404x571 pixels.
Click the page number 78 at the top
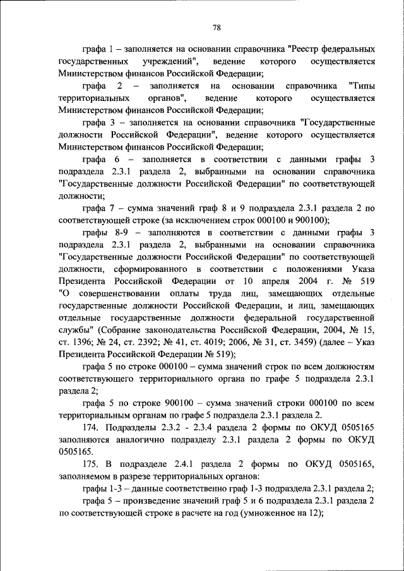click(216, 27)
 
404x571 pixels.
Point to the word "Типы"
click(362, 85)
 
